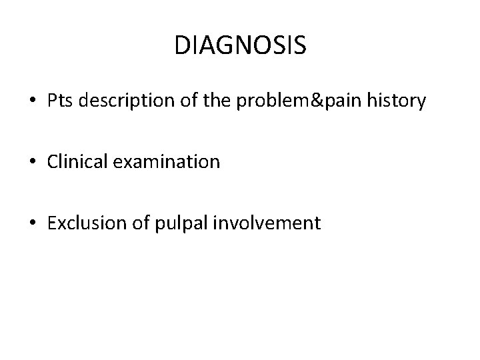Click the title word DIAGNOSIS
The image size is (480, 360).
240,46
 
